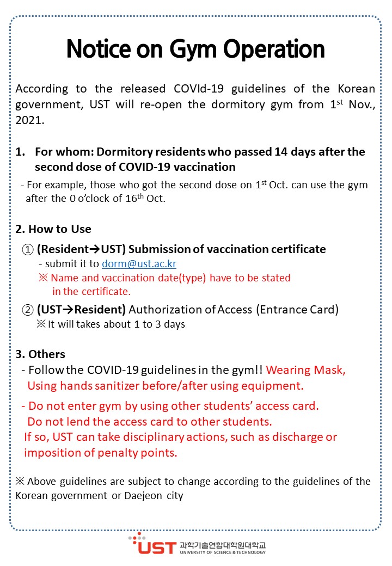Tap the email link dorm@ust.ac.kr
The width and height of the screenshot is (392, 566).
click(x=139, y=264)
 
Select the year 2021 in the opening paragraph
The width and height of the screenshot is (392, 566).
click(x=29, y=119)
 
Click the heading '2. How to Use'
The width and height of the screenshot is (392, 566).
click(x=53, y=229)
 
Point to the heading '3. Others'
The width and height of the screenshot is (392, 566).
click(x=40, y=354)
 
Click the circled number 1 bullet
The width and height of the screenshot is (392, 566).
click(x=27, y=250)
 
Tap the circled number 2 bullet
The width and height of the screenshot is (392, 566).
click(x=27, y=310)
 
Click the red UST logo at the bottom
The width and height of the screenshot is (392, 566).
click(x=155, y=546)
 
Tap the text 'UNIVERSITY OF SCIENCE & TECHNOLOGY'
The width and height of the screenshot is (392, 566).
click(x=222, y=552)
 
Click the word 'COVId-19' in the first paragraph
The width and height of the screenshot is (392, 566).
click(x=198, y=89)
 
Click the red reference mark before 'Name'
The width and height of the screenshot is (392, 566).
click(x=43, y=278)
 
